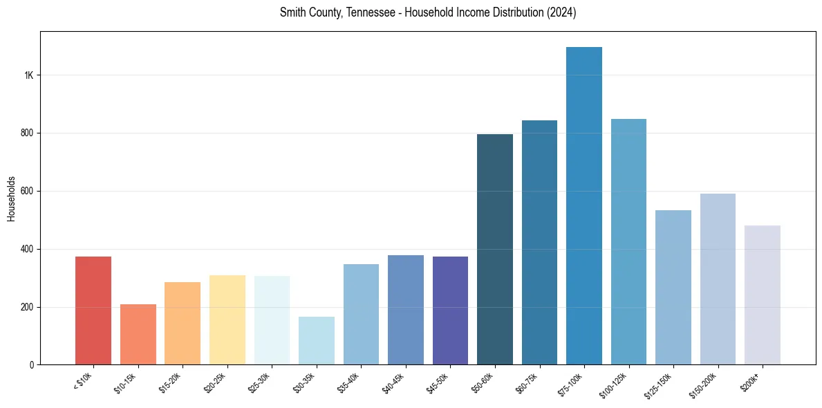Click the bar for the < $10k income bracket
(93, 310)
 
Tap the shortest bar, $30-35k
(317, 340)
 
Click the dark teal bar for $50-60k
(495, 249)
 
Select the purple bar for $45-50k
(450, 310)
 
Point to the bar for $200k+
(763, 295)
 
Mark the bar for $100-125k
(628, 241)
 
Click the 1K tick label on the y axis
(28, 75)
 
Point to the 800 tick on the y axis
(28, 133)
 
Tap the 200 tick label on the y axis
(28, 307)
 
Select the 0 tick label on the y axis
(32, 365)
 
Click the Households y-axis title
(11, 198)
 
